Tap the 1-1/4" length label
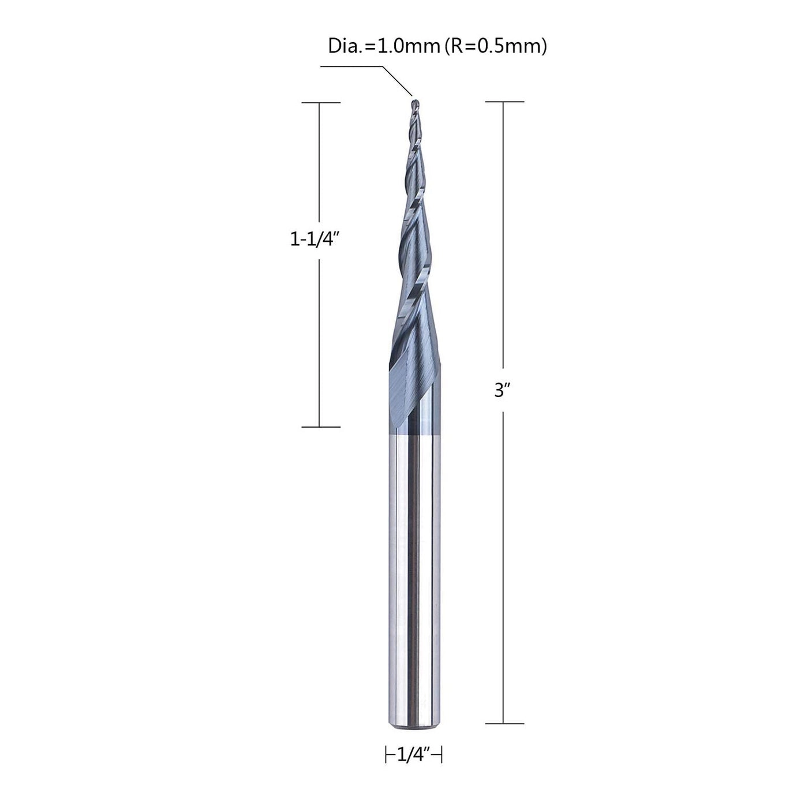[x=313, y=240]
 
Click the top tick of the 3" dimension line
[x=504, y=102]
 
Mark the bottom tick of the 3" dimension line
[x=504, y=723]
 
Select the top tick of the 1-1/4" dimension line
[x=321, y=103]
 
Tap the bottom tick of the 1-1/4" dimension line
[x=321, y=427]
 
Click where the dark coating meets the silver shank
[x=414, y=431]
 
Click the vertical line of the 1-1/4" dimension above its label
[x=320, y=167]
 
